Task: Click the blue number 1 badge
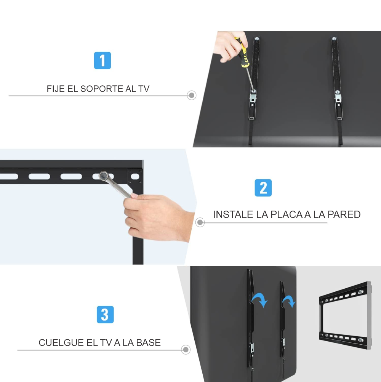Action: [102, 61]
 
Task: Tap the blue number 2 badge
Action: [263, 188]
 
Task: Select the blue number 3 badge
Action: [105, 315]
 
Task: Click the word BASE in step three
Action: [148, 342]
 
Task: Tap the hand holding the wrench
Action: [156, 217]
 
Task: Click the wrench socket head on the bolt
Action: [104, 176]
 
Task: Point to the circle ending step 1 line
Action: [192, 95]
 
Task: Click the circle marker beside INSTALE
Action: [200, 222]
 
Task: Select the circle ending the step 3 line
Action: [186, 350]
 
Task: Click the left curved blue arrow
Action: [260, 299]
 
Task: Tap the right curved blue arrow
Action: [289, 301]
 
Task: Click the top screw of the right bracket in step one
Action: [334, 38]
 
